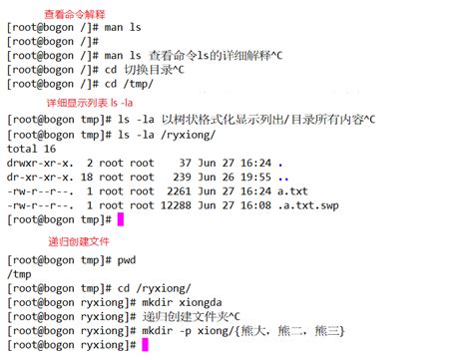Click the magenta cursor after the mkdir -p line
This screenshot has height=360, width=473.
click(145, 344)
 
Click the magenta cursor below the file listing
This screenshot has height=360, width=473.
click(120, 219)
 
